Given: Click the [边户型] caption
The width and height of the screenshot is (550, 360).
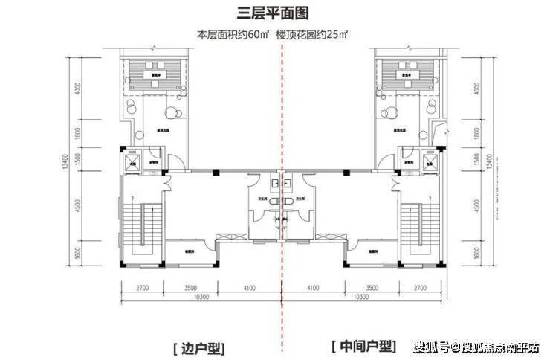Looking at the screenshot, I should [197, 347].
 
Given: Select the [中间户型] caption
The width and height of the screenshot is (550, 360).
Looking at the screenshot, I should [363, 347].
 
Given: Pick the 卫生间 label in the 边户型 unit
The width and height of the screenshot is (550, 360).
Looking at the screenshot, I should [262, 199].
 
